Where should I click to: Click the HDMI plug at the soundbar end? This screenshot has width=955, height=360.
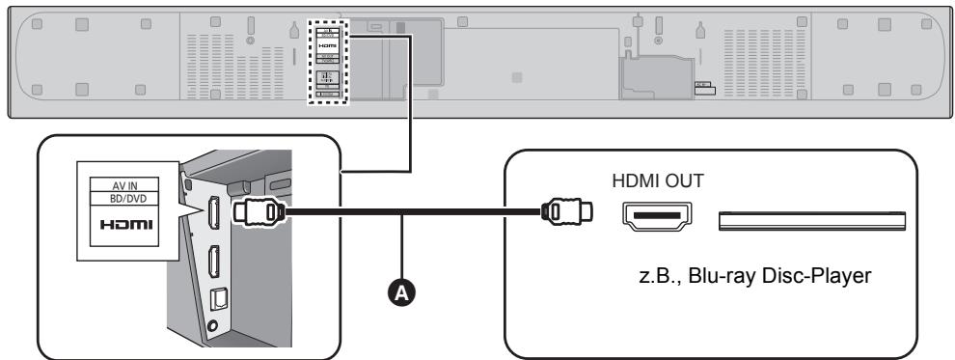pyautogui.click(x=260, y=213)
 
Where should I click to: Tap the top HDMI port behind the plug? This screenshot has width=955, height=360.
pyautogui.click(x=216, y=214)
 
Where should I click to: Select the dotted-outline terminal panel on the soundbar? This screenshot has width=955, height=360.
pyautogui.click(x=325, y=62)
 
